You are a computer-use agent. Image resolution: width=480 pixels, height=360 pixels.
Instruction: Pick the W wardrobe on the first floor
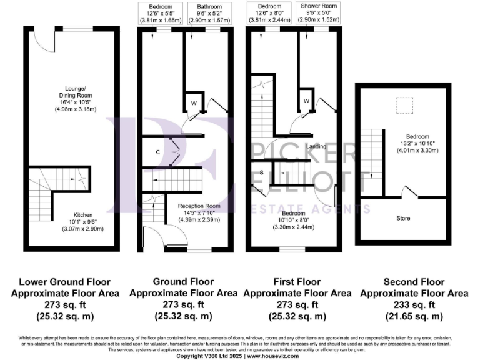pyautogui.click(x=306, y=101)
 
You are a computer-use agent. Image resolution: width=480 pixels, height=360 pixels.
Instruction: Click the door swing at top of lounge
pyautogui.click(x=41, y=38)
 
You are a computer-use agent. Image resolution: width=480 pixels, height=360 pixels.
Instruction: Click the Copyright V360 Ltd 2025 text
pyautogui.click(x=210, y=355)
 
